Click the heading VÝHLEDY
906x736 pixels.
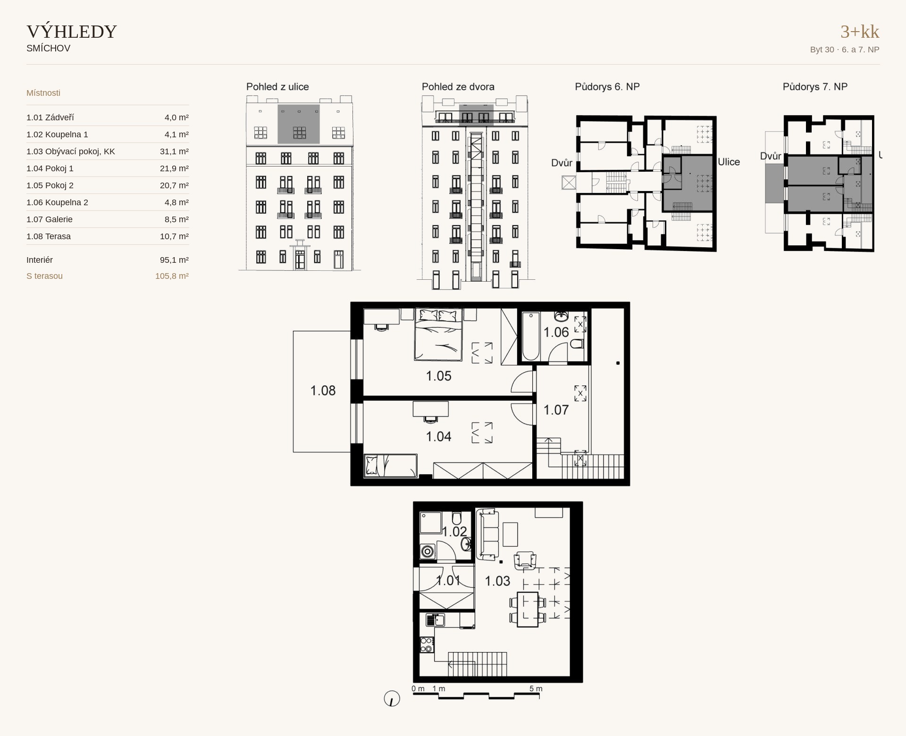(x=72, y=32)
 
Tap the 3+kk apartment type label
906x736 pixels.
(x=860, y=32)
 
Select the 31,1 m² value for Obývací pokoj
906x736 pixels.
(x=174, y=151)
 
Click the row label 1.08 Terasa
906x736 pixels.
(x=49, y=236)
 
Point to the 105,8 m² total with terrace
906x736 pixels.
(x=172, y=276)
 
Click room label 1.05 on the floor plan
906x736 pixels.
(x=438, y=376)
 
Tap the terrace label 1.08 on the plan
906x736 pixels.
(x=323, y=391)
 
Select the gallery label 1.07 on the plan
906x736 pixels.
(x=556, y=410)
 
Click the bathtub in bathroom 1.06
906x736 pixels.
(x=531, y=336)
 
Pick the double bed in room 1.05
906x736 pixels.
(x=438, y=335)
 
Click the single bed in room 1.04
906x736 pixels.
(x=391, y=465)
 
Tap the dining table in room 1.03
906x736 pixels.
(x=528, y=610)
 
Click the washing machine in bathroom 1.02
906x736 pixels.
(x=428, y=551)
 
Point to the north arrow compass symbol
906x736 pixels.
(x=392, y=698)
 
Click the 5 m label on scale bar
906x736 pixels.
(x=536, y=688)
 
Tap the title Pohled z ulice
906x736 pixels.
(x=277, y=87)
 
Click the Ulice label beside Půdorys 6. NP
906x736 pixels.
(x=729, y=162)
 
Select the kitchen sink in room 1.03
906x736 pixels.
(x=435, y=620)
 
